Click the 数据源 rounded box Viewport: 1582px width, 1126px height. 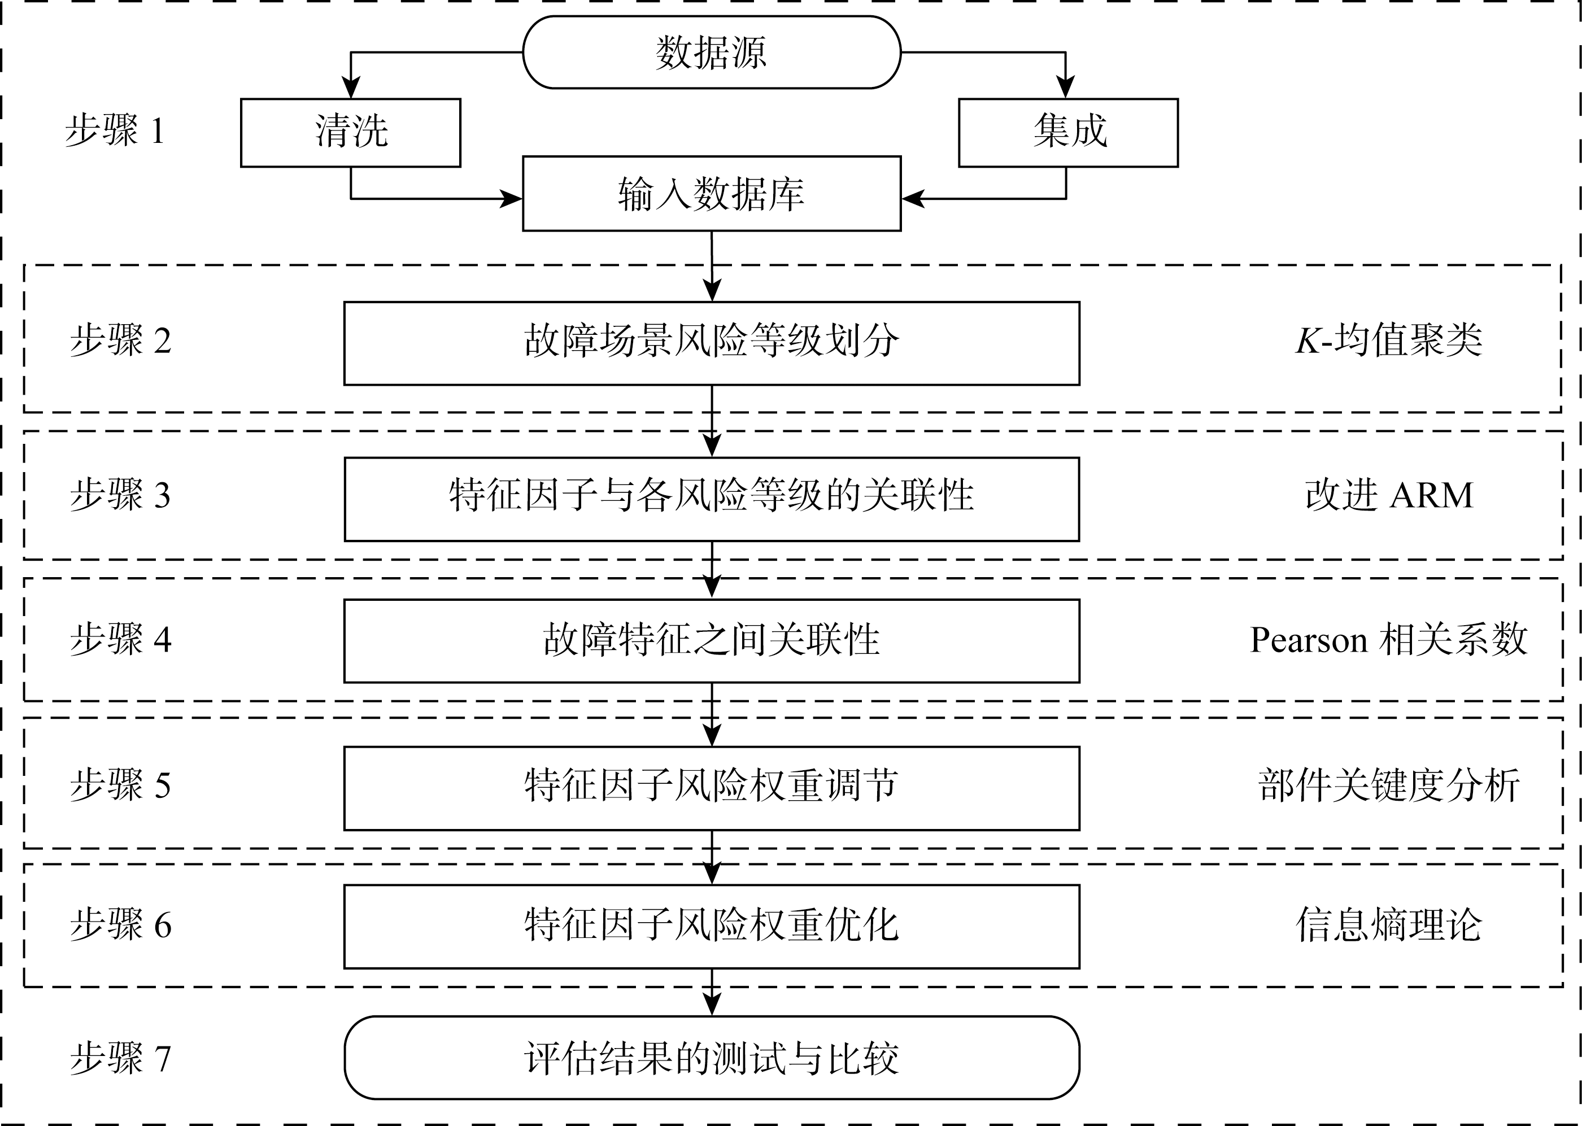click(x=712, y=52)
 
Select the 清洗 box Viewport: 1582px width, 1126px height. click(x=350, y=133)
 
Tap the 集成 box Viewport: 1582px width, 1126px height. click(x=1068, y=133)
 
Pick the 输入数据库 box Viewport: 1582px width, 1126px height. click(x=712, y=194)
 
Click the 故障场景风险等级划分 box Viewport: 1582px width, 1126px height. click(x=712, y=343)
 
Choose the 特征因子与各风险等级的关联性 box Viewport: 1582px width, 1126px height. click(x=712, y=499)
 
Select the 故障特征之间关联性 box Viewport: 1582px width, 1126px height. click(x=712, y=641)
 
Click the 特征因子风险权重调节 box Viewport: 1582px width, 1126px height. click(x=712, y=788)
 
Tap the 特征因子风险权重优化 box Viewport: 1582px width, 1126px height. click(x=712, y=926)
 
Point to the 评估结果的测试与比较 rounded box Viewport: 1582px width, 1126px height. click(x=712, y=1058)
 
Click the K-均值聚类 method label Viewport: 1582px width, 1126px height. click(x=1388, y=341)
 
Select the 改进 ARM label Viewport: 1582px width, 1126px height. click(x=1388, y=495)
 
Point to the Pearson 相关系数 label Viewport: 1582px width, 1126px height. click(x=1388, y=639)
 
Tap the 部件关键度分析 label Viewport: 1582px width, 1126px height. click(x=1388, y=785)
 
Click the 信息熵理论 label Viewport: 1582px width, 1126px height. click(x=1388, y=925)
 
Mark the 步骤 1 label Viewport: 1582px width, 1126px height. click(x=115, y=130)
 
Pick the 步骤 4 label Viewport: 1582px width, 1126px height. click(x=120, y=639)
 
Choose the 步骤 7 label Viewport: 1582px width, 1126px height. click(x=120, y=1058)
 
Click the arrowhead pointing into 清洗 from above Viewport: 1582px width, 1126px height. click(x=351, y=89)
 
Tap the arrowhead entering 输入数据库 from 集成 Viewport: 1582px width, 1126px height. click(x=913, y=199)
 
